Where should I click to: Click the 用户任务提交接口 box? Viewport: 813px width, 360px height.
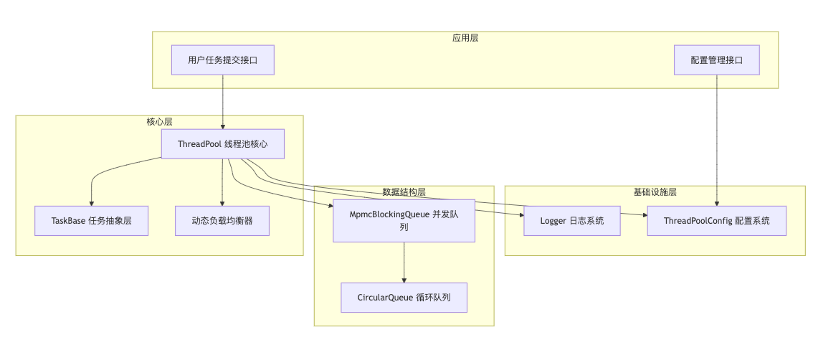[x=223, y=60]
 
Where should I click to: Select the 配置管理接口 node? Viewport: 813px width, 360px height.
[x=716, y=60]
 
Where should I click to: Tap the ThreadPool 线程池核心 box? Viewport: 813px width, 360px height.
[x=222, y=144]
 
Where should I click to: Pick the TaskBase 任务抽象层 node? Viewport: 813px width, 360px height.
[x=91, y=221]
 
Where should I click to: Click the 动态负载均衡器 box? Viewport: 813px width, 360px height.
[x=222, y=221]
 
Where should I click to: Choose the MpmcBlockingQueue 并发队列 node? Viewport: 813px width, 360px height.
[x=404, y=221]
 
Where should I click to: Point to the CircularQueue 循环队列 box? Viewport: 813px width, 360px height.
[x=404, y=298]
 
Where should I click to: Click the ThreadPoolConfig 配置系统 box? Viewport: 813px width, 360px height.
[x=716, y=221]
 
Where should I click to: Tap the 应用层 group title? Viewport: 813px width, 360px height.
[x=465, y=38]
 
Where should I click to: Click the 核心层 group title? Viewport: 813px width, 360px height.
[x=159, y=122]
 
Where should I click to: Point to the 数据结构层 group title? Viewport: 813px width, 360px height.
[x=404, y=192]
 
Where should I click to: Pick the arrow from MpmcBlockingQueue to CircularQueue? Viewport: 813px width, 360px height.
[x=404, y=262]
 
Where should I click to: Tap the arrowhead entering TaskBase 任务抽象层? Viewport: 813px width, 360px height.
[x=91, y=203]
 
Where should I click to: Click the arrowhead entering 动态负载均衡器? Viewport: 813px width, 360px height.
[x=222, y=203]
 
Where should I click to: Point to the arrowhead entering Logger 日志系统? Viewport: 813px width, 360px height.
[x=520, y=214]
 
